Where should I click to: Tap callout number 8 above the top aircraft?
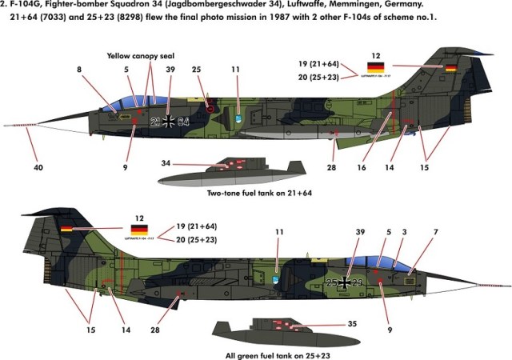coord(79,70)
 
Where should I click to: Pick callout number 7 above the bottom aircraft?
coord(435,232)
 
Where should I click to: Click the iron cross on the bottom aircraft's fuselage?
coord(345,282)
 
